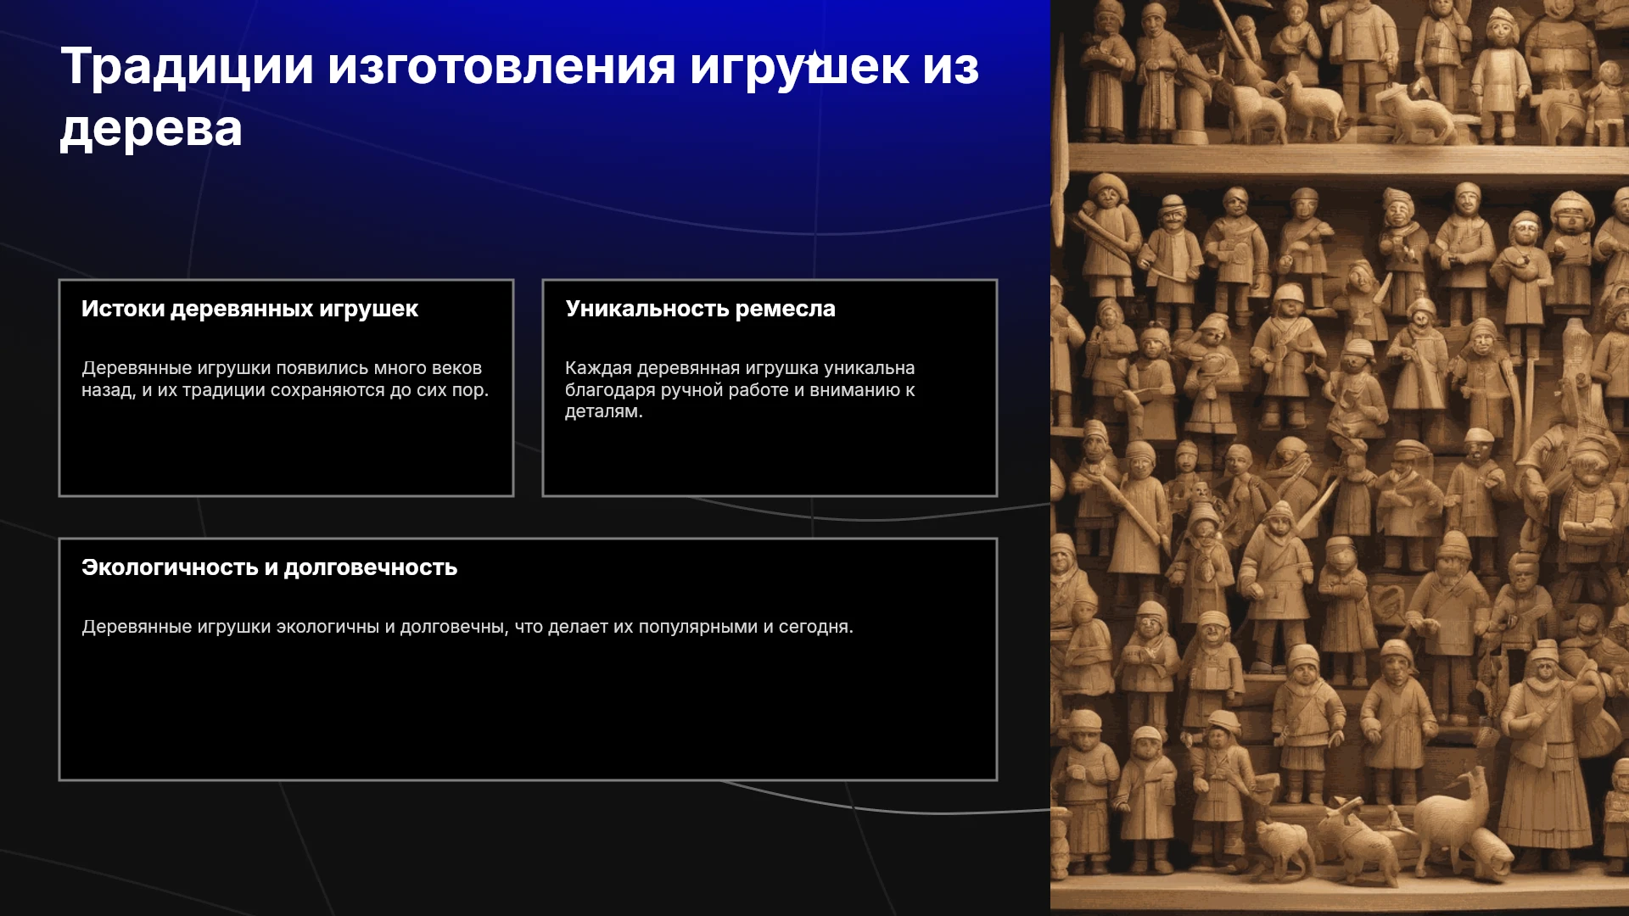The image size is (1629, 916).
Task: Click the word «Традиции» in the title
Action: point(187,68)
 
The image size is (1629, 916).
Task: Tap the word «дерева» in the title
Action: point(151,130)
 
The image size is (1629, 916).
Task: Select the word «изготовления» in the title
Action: point(501,67)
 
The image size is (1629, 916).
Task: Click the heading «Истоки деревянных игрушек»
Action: point(249,309)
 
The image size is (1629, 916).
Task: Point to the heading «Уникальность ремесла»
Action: point(700,309)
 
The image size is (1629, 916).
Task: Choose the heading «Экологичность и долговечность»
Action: point(269,567)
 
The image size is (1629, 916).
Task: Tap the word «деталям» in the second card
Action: point(602,412)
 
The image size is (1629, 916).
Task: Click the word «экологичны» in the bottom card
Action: point(327,627)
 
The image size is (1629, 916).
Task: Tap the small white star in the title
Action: point(814,60)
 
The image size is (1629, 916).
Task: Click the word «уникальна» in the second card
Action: point(869,368)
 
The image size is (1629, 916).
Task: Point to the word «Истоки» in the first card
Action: point(123,309)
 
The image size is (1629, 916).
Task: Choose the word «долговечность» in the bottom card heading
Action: point(371,567)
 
